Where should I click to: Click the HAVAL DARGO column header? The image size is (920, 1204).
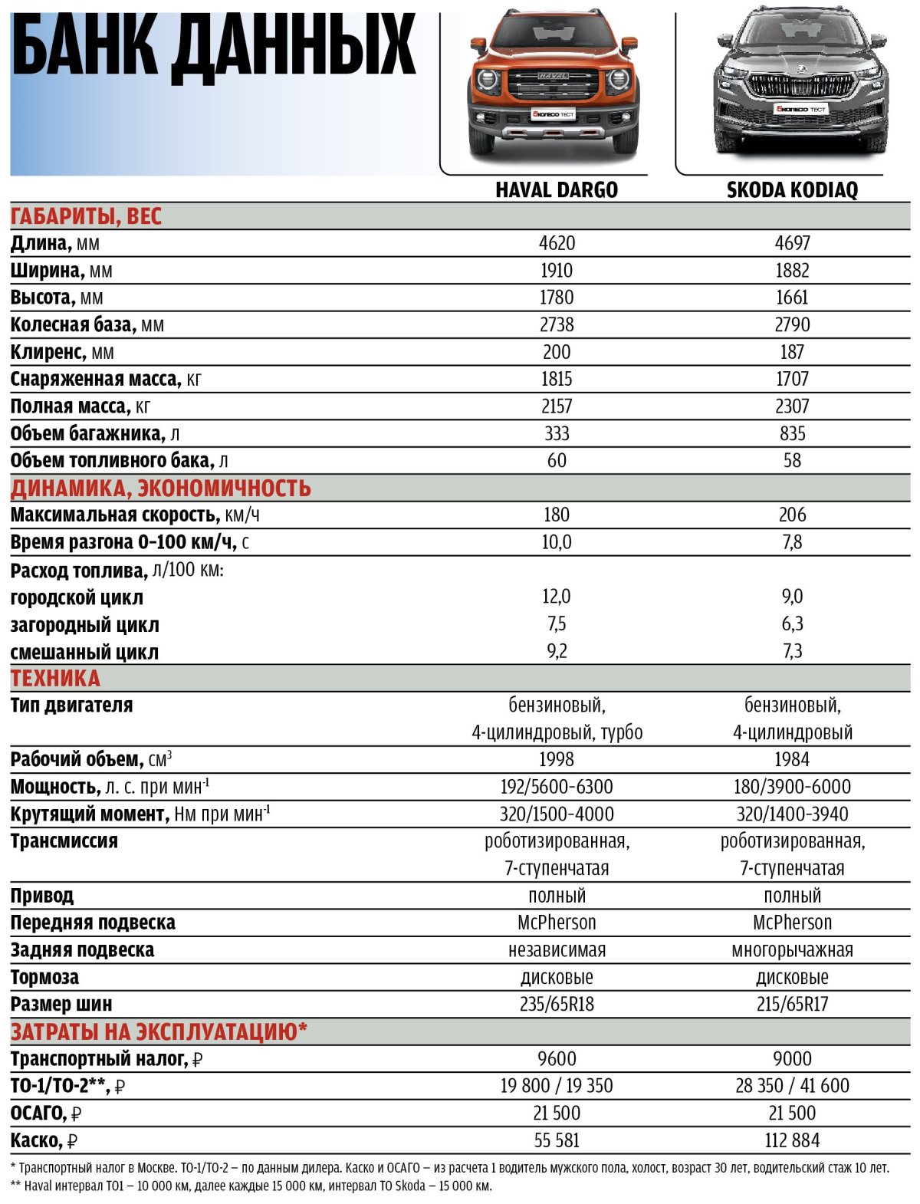(x=556, y=189)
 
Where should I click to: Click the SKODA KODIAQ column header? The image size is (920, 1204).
(x=792, y=189)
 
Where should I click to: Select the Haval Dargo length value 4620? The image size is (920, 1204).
(x=557, y=243)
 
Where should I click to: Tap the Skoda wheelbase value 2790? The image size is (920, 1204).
(x=792, y=324)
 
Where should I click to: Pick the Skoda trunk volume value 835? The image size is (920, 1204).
(x=792, y=433)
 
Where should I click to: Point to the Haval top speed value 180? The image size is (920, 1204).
(x=557, y=515)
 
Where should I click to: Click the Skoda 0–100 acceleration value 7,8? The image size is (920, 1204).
(x=792, y=542)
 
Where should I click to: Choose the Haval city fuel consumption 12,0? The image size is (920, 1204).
(x=557, y=597)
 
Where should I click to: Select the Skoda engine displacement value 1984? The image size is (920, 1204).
(x=792, y=759)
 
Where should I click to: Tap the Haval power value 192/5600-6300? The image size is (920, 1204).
(x=557, y=787)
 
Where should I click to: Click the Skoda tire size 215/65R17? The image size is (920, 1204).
(x=792, y=1004)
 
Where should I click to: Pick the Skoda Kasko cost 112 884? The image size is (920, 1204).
(x=792, y=1140)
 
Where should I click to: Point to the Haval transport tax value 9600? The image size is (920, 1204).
(x=557, y=1059)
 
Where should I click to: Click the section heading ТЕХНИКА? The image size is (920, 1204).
(x=55, y=678)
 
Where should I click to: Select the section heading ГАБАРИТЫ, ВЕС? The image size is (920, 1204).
(x=86, y=216)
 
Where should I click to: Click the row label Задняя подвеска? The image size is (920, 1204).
(x=82, y=950)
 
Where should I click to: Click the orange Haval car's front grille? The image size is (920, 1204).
(x=554, y=82)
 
